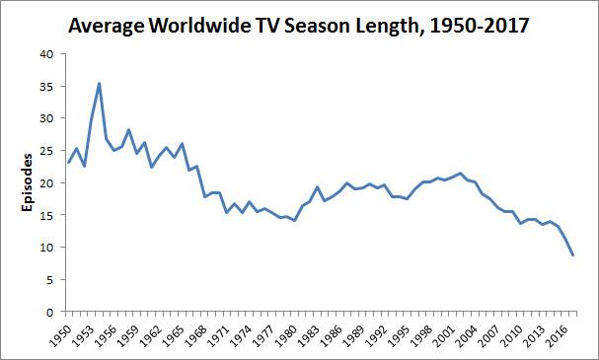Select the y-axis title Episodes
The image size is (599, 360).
[x=27, y=182]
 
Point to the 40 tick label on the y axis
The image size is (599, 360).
[x=47, y=54]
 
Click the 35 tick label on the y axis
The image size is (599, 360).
[x=47, y=86]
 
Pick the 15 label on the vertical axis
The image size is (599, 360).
[x=47, y=215]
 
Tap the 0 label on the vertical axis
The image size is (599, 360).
[x=50, y=313]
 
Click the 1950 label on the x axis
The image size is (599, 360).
[x=61, y=336]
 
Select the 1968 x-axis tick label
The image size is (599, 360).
[x=196, y=336]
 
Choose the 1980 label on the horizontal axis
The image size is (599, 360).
[x=286, y=336]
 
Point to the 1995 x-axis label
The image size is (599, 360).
[x=399, y=336]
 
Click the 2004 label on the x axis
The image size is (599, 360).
[x=466, y=336]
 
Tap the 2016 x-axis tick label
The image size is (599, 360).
[x=557, y=336]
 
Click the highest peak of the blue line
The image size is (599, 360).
[x=99, y=83]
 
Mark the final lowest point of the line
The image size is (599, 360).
[x=572, y=255]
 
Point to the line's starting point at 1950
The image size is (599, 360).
[x=69, y=163]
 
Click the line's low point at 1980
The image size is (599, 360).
[x=294, y=220]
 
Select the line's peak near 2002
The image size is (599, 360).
[x=460, y=174]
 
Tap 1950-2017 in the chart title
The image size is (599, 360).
[x=480, y=27]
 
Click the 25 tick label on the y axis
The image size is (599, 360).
[x=47, y=151]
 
